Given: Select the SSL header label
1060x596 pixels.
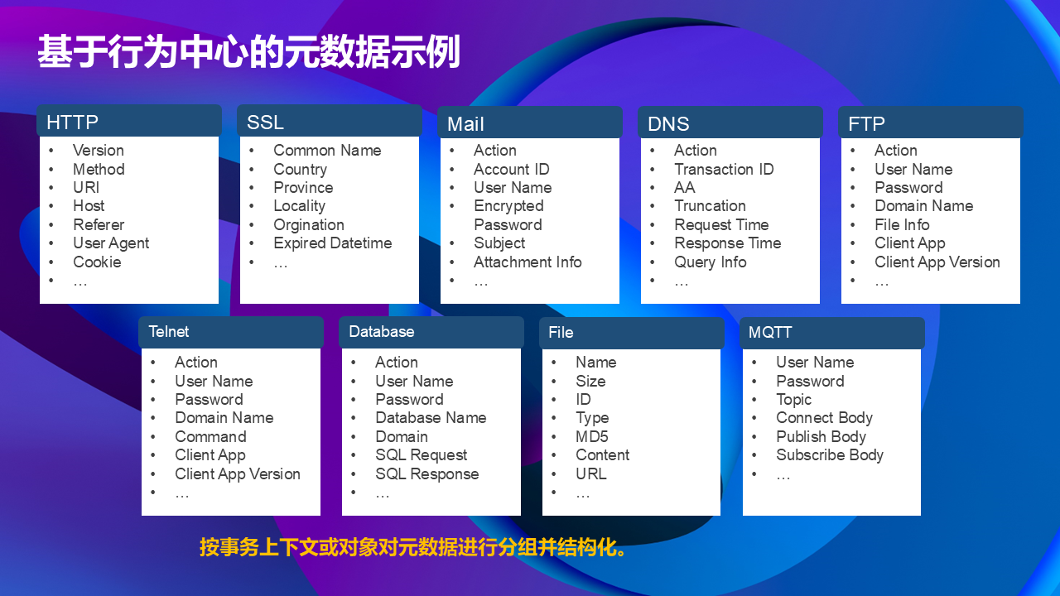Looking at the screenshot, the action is coord(265,122).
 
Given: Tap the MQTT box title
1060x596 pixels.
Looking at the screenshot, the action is coord(770,332).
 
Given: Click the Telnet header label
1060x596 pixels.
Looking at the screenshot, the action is coord(168,332).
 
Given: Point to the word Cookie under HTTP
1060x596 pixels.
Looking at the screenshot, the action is coord(97,262).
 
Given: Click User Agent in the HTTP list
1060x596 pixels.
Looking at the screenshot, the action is coord(111,243).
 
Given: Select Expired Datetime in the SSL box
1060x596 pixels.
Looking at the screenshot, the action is coord(333,243).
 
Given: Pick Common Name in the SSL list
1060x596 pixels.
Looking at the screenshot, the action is coord(327,151).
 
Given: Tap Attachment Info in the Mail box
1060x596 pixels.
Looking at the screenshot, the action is coord(528,262).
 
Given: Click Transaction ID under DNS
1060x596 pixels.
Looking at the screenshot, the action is coord(724,169).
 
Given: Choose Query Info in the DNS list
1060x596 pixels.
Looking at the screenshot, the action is coord(711,262).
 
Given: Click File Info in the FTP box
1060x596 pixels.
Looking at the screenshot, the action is coord(902,224).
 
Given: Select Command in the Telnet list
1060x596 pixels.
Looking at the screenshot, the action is coord(210,436).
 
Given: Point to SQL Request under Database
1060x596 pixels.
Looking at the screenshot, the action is coord(422,455).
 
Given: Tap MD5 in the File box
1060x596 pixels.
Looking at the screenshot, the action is coord(591,436).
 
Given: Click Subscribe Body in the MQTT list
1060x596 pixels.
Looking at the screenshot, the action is coord(830,455).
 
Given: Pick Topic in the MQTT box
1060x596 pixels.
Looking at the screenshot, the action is coord(793,400).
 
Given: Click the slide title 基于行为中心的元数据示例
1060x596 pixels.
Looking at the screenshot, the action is coord(249,51).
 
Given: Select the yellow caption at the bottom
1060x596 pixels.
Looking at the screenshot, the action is coord(413,547).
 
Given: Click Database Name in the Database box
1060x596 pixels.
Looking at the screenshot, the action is coord(431,418).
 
